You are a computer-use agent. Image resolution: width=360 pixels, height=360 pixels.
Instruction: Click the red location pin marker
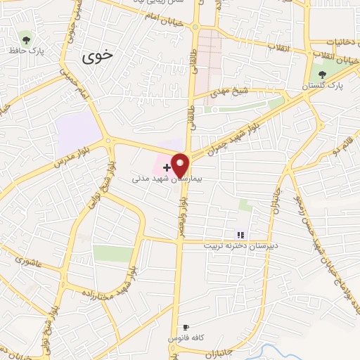pyautogui.click(x=181, y=165)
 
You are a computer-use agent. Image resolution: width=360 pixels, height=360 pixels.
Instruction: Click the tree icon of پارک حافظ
pyautogui.click(x=27, y=38)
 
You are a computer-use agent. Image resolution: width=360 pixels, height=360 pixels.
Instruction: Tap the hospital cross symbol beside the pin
pyautogui.click(x=166, y=167)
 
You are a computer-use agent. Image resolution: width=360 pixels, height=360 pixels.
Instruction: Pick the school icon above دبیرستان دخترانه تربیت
pyautogui.click(x=240, y=235)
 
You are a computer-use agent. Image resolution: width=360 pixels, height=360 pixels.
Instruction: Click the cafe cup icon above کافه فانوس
pyautogui.click(x=186, y=328)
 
